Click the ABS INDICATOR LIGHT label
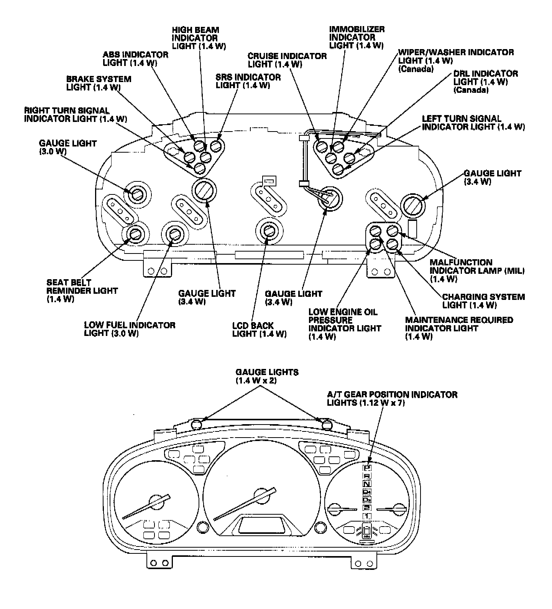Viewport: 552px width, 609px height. tap(135, 58)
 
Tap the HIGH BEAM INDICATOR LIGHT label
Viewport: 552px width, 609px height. tap(199, 38)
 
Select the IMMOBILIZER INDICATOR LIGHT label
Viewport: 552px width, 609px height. tap(356, 37)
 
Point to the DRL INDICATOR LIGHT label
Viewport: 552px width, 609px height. tap(485, 81)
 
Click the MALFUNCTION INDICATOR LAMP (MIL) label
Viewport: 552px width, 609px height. tap(477, 270)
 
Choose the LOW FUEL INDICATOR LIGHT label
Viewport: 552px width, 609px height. tap(130, 329)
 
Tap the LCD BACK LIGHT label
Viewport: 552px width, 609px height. tap(259, 330)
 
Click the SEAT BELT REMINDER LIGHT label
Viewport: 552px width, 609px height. tap(82, 291)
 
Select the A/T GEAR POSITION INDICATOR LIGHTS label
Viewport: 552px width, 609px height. tap(392, 398)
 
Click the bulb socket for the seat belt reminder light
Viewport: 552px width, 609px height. tap(135, 234)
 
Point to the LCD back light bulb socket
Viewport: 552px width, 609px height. tap(268, 231)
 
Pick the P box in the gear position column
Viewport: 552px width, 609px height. tap(367, 467)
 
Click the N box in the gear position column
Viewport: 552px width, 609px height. tap(367, 484)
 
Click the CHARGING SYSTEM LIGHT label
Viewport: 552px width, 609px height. tap(483, 301)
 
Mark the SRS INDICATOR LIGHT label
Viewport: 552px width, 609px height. tap(248, 81)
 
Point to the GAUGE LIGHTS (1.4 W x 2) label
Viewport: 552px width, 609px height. tap(267, 376)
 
